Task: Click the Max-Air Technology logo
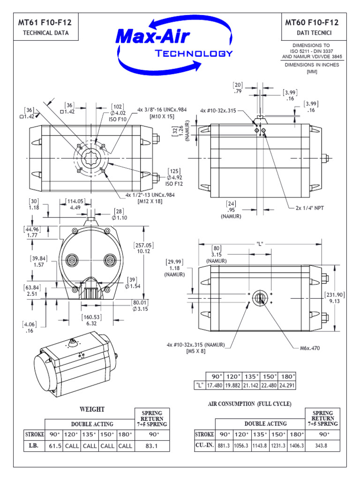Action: (x=174, y=42)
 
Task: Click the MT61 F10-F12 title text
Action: (x=45, y=22)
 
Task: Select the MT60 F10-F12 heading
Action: (x=312, y=22)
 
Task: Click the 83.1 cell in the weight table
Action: (x=151, y=446)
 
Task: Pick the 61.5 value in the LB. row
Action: (x=55, y=446)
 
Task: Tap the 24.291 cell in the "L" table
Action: (x=288, y=385)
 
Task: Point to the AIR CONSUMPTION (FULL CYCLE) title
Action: (x=249, y=404)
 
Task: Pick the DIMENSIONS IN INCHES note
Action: (x=312, y=65)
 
